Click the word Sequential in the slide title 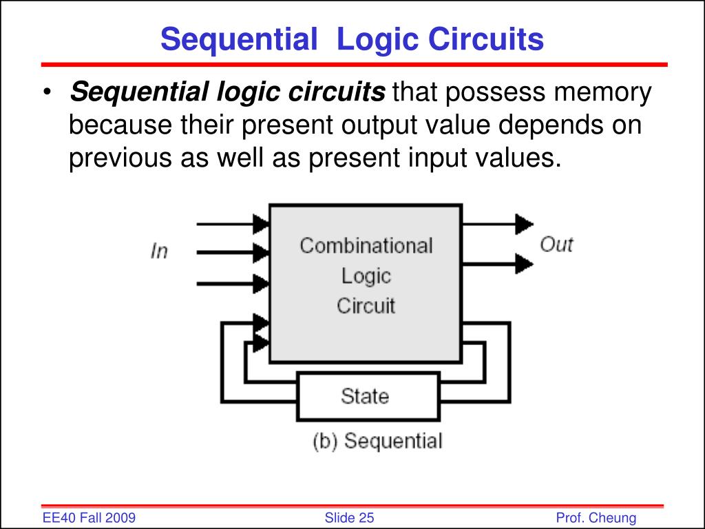pyautogui.click(x=235, y=40)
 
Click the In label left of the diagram pyautogui.click(x=159, y=251)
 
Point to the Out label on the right pyautogui.click(x=556, y=245)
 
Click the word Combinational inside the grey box pyautogui.click(x=366, y=246)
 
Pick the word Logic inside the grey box pyautogui.click(x=366, y=276)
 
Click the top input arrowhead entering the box pyautogui.click(x=261, y=223)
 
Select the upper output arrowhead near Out pyautogui.click(x=524, y=223)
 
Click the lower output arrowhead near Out pyautogui.click(x=524, y=263)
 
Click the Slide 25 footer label pyautogui.click(x=349, y=518)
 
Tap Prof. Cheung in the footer pyautogui.click(x=596, y=518)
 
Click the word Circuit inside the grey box pyautogui.click(x=366, y=305)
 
